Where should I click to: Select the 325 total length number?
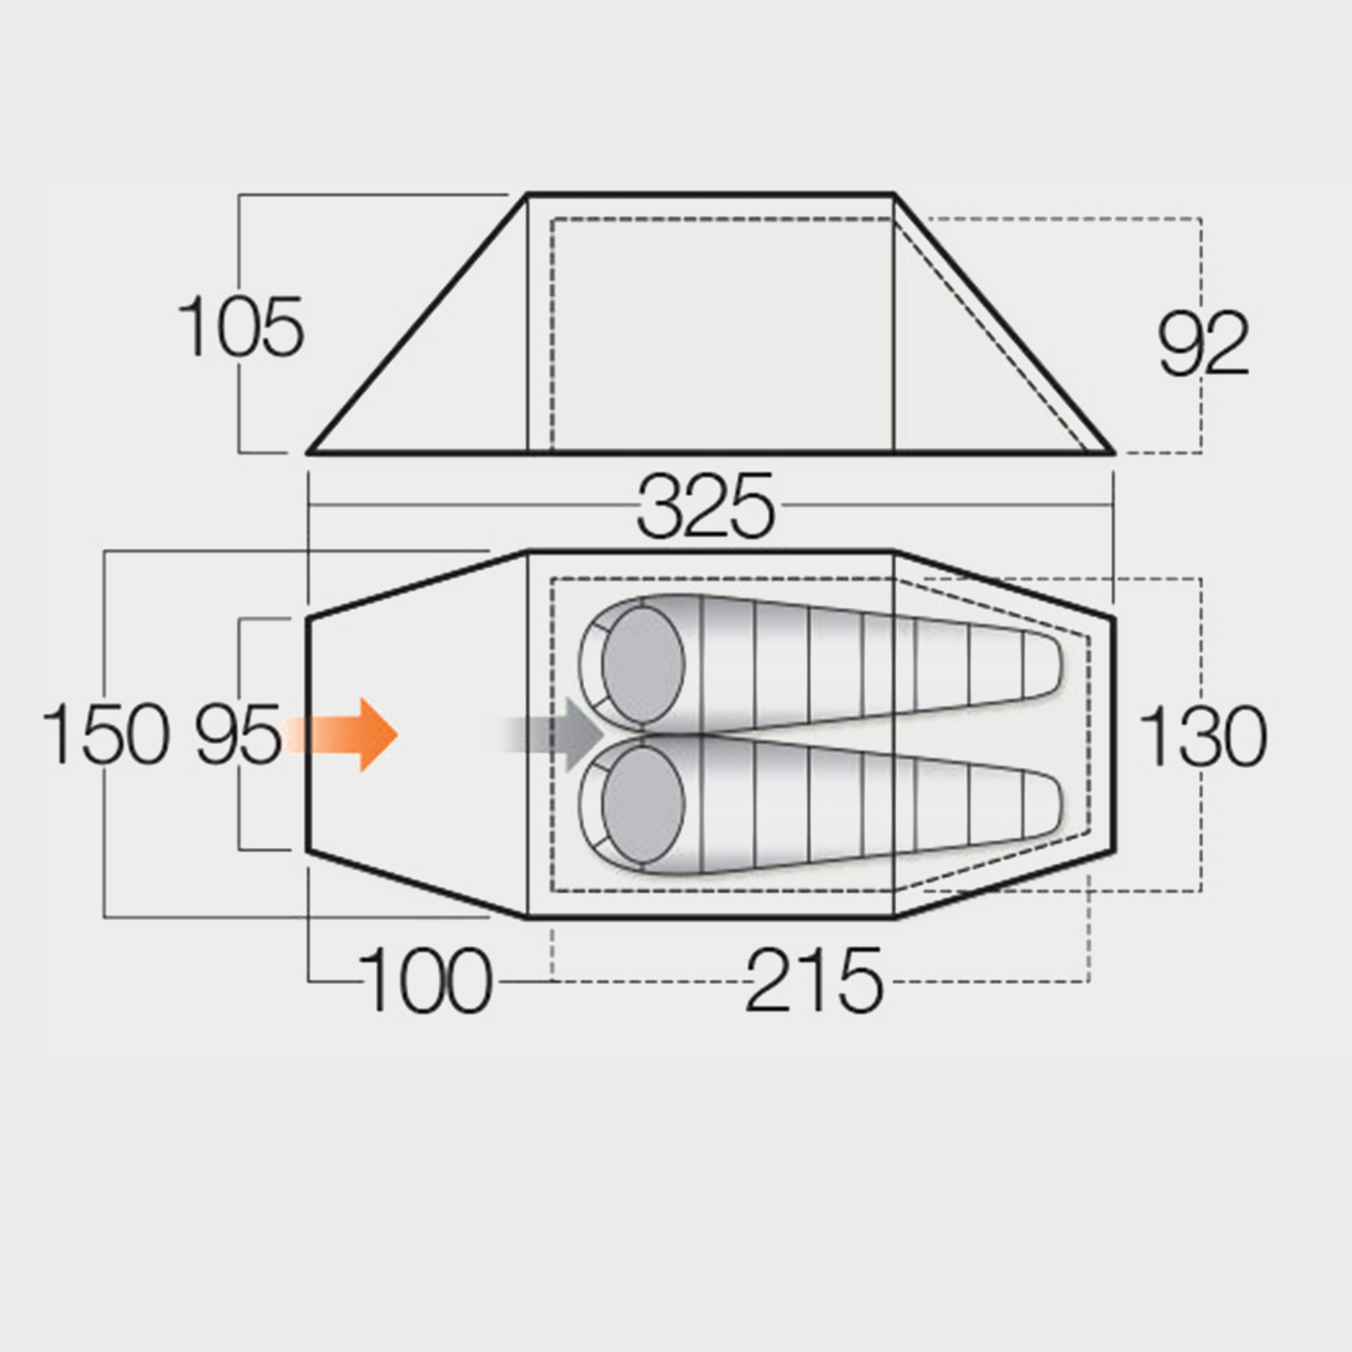point(705,506)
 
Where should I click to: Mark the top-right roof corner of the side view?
point(894,195)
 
